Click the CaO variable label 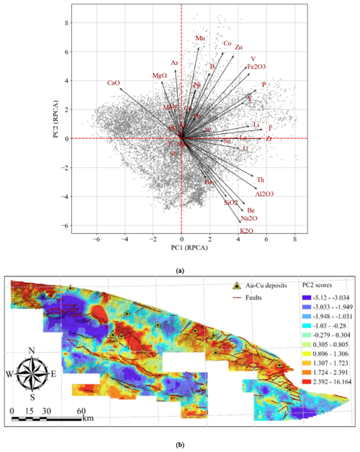tap(113, 83)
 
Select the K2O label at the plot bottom tap(246, 231)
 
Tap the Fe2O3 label tap(256, 67)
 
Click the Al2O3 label tap(265, 194)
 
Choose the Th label tap(261, 178)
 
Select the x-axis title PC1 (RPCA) tap(181, 246)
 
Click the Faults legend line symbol tap(238, 297)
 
